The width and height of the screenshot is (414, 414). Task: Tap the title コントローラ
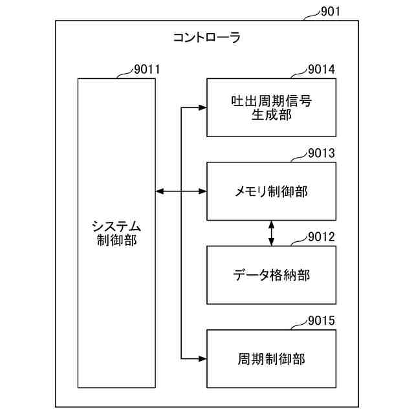point(207,38)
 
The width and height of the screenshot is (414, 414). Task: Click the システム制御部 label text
point(116,234)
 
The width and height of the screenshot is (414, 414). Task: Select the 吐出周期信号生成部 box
point(271,107)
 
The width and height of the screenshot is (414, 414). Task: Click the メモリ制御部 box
point(271,191)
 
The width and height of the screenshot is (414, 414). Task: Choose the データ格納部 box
point(271,275)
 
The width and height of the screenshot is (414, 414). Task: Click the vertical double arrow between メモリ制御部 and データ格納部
point(271,233)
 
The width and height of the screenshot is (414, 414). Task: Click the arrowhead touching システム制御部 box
point(160,191)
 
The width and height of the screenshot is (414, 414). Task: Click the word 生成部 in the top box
point(271,114)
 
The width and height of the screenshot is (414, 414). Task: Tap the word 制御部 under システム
point(116,241)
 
